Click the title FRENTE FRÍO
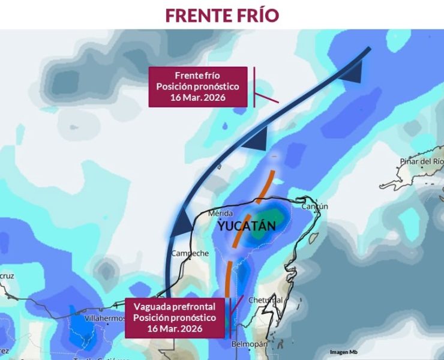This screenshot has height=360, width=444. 222,15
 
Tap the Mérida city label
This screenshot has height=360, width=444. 220,214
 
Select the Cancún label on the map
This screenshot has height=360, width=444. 314,206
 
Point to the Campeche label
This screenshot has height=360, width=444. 190,253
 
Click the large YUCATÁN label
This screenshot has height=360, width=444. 247,226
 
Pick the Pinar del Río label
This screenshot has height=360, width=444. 422,161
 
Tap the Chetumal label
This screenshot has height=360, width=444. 265,299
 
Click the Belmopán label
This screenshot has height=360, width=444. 249,344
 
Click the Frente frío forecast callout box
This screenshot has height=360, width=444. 197,86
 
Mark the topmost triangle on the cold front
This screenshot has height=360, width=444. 353,74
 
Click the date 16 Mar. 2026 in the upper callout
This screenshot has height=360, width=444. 197,97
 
